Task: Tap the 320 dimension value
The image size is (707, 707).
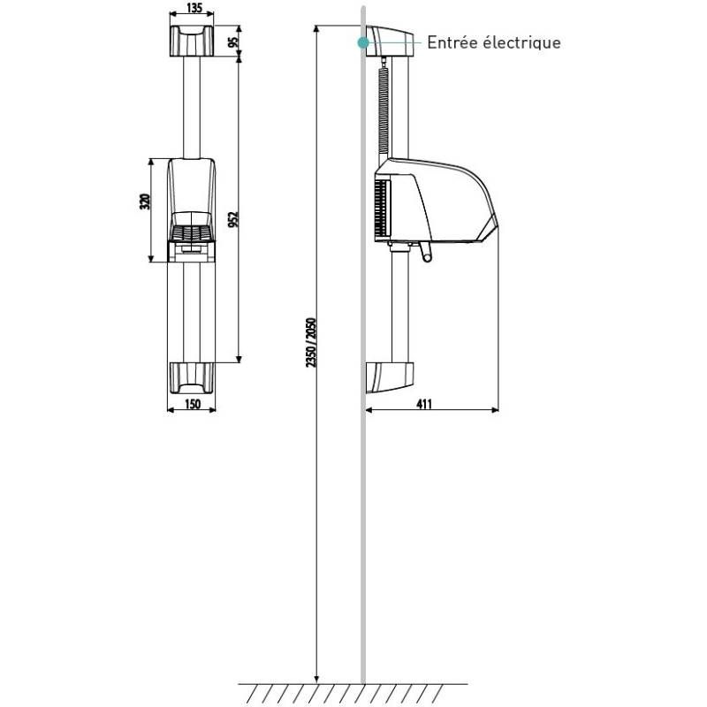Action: [145, 201]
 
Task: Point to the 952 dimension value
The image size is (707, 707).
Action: [233, 218]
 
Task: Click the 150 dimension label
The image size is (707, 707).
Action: [192, 405]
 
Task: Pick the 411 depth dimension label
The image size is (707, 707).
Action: [424, 405]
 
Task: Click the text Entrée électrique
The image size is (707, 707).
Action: [493, 42]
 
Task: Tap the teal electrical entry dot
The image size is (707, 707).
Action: [361, 42]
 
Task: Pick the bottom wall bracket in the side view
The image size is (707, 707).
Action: [389, 377]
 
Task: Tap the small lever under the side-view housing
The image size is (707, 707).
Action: [427, 255]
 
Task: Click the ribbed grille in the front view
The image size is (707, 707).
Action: [191, 233]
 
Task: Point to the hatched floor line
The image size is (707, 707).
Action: [353, 690]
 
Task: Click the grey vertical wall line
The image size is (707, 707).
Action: [362, 530]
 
